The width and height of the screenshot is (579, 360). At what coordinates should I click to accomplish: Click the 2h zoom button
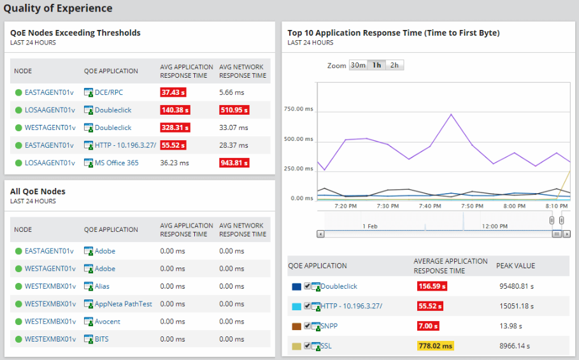click(395, 65)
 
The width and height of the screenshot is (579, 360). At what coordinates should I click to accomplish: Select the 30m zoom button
click(358, 65)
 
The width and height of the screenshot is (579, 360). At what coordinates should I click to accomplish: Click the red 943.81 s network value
click(234, 163)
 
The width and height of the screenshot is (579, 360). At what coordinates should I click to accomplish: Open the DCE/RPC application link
click(109, 92)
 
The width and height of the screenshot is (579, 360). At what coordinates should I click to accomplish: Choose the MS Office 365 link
click(117, 163)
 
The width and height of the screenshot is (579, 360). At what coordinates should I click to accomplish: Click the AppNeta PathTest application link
click(123, 304)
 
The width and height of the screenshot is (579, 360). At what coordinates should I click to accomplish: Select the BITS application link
click(102, 339)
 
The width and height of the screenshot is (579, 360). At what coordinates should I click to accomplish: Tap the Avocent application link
click(108, 322)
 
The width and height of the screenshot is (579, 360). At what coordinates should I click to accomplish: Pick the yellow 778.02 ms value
click(436, 346)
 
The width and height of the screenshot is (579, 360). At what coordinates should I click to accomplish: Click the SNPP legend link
click(331, 326)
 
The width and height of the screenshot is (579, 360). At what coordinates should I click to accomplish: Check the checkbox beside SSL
click(308, 346)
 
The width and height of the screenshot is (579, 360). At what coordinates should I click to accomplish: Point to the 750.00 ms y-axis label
click(298, 109)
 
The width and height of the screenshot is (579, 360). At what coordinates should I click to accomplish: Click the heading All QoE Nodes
click(38, 191)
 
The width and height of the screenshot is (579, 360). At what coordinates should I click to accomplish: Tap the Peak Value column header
click(515, 266)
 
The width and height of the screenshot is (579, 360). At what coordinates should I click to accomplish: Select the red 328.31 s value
click(175, 128)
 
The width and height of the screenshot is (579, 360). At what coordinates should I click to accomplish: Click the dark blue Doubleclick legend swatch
click(296, 287)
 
